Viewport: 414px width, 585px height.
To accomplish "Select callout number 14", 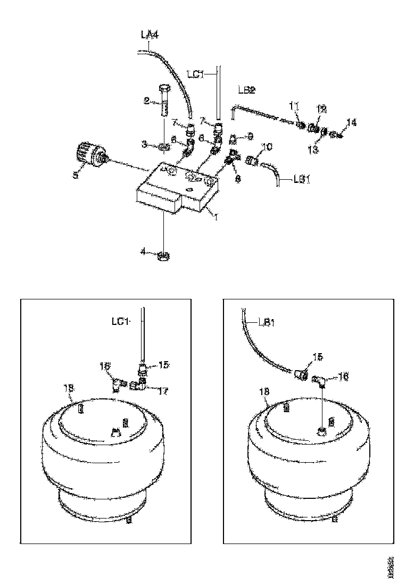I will (x=352, y=123).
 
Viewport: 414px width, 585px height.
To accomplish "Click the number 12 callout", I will (x=321, y=109).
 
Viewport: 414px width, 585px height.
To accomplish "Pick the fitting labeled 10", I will (x=252, y=158).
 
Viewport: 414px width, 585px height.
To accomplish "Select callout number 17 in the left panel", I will (x=163, y=391).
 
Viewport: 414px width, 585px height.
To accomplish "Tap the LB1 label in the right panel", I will (x=267, y=322).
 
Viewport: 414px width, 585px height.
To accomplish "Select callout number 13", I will (x=313, y=151).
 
